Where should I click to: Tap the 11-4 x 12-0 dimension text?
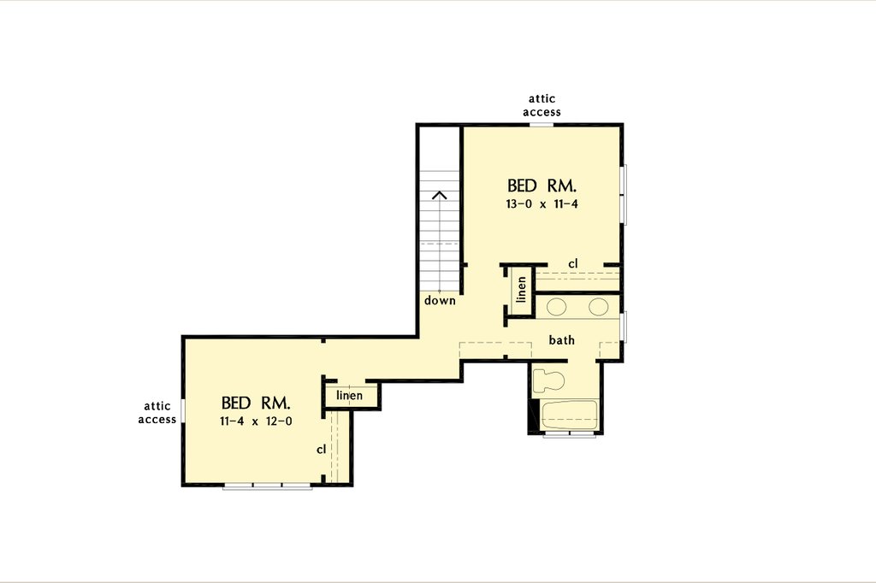(x=256, y=421)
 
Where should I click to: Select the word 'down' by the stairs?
(x=440, y=301)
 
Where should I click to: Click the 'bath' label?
(x=561, y=340)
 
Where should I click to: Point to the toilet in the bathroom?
(x=547, y=379)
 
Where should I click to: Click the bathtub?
(x=569, y=415)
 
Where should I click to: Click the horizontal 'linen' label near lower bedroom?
(x=349, y=396)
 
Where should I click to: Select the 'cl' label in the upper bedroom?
(x=573, y=262)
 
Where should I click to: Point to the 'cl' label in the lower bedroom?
(x=322, y=449)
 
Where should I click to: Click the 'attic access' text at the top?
(x=542, y=105)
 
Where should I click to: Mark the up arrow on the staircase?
(x=440, y=196)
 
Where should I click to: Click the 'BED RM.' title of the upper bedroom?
(x=542, y=185)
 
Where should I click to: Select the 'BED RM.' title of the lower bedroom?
(x=256, y=403)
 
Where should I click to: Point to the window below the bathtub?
(x=570, y=435)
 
